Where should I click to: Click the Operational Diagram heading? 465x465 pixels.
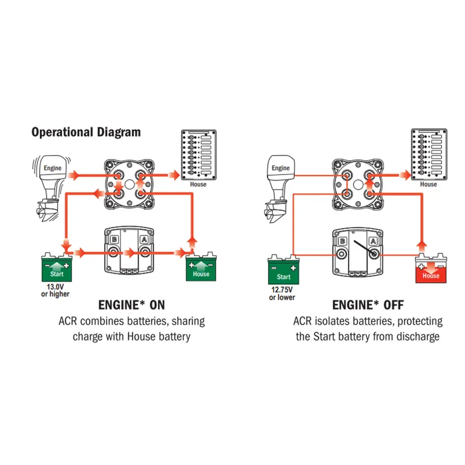(x=86, y=131)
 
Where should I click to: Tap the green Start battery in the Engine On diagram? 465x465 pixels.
(x=56, y=268)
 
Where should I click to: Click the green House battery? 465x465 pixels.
(x=201, y=267)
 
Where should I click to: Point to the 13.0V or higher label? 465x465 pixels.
(x=56, y=290)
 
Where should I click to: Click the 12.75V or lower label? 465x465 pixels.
(x=283, y=293)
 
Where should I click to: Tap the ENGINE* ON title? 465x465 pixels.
(x=131, y=304)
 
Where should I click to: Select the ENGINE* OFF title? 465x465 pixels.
(x=368, y=305)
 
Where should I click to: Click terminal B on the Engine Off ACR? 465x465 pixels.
(x=343, y=241)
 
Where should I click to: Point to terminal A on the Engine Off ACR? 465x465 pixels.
(x=374, y=241)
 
